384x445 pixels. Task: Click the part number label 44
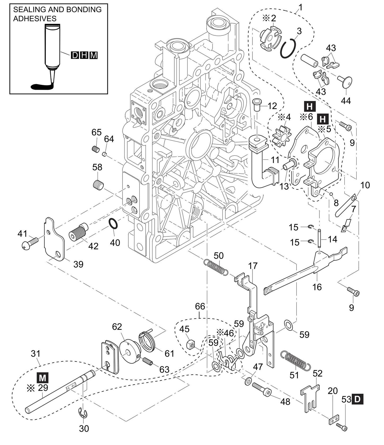point(346,101)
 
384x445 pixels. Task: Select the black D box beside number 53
point(357,399)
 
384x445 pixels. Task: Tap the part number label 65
point(96,132)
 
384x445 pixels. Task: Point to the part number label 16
point(317,287)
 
